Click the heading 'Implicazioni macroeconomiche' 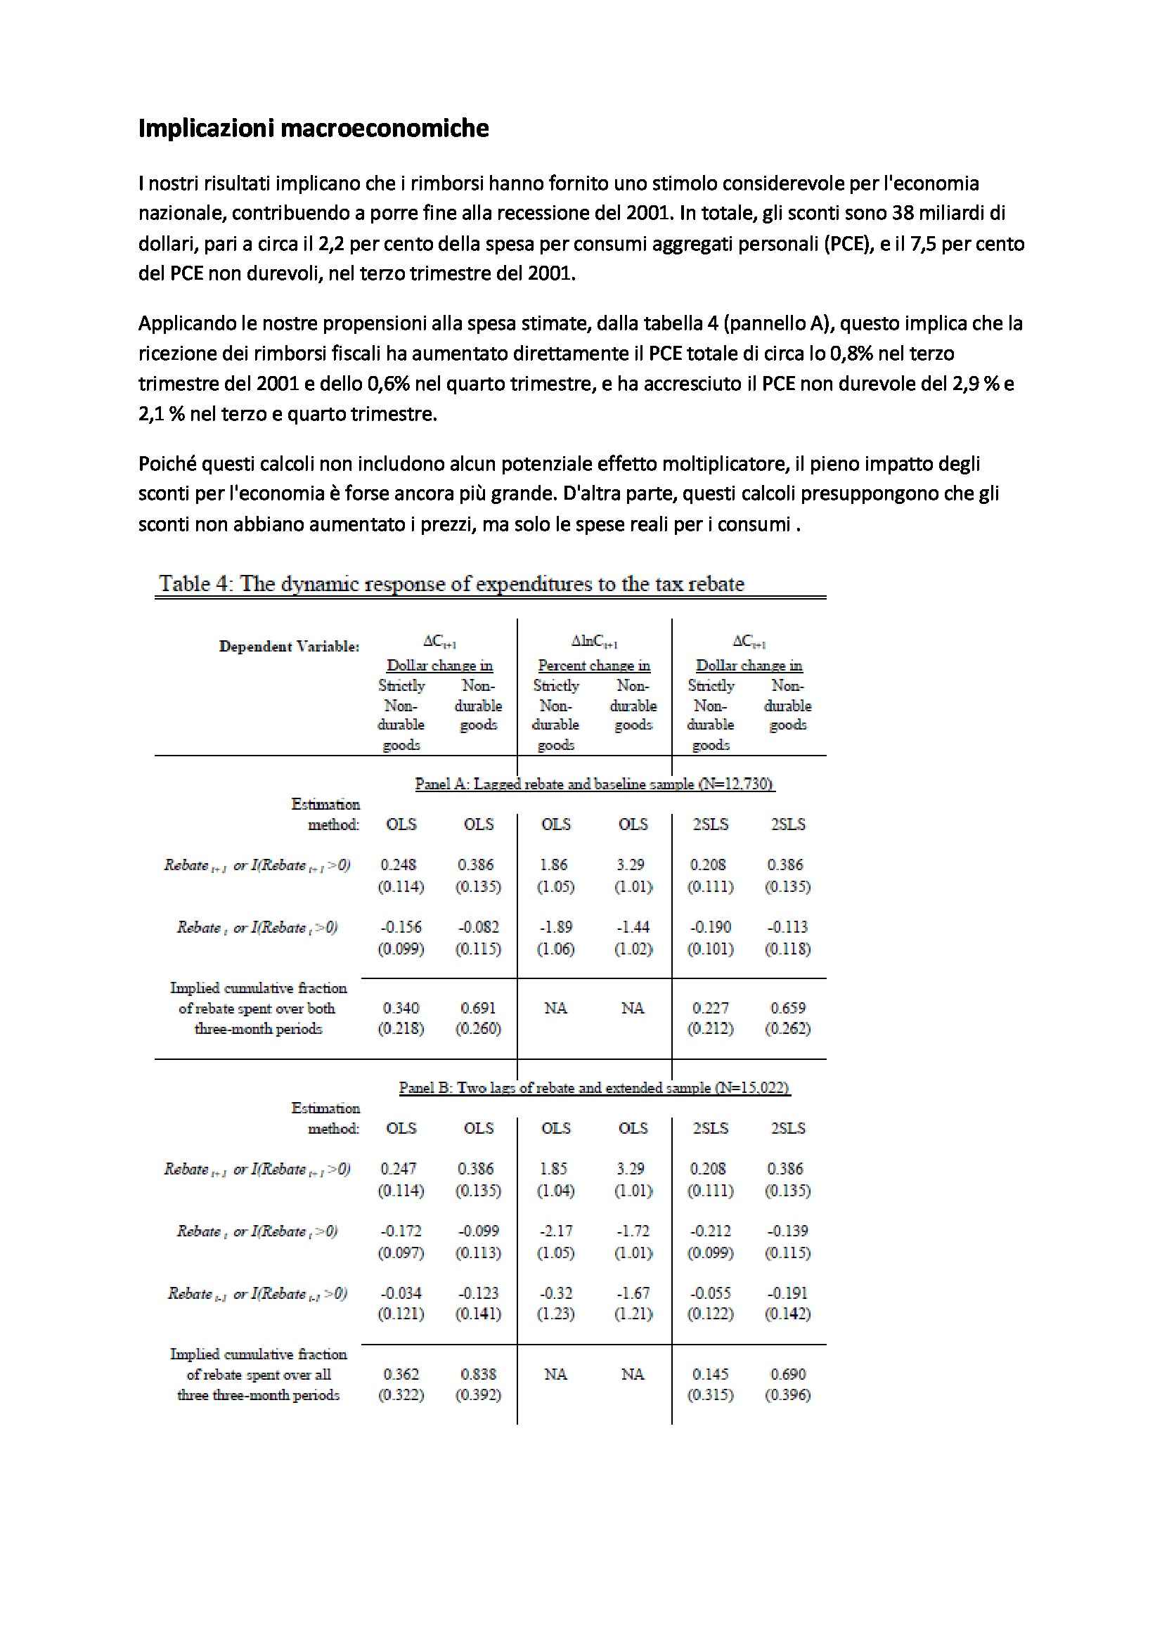(x=313, y=128)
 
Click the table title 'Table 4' (x=451, y=583)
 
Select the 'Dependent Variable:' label (x=289, y=647)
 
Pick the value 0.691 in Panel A (x=478, y=1007)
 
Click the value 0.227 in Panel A (x=709, y=1007)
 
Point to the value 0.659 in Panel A (x=787, y=1007)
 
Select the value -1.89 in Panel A (x=555, y=926)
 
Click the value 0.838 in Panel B (x=478, y=1374)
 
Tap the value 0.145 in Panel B (x=709, y=1374)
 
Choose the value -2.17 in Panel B (x=555, y=1231)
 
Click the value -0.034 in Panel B (x=400, y=1293)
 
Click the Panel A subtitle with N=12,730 (x=594, y=784)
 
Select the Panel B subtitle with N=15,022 (x=594, y=1087)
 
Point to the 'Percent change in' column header (x=594, y=665)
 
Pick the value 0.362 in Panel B (x=400, y=1374)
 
